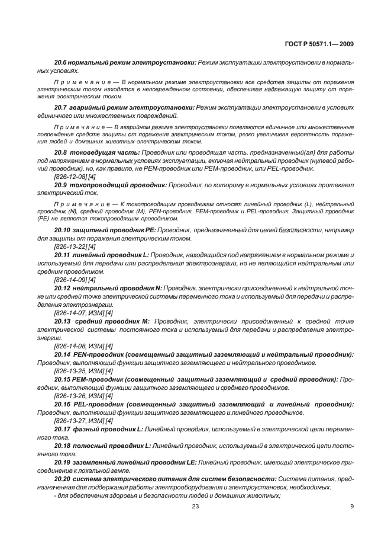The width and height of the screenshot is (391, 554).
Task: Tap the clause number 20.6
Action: pos(62,62)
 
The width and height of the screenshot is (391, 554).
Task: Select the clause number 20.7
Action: pos(62,107)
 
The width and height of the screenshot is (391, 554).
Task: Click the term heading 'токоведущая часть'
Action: pos(105,152)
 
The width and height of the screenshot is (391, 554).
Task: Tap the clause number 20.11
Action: pos(63,254)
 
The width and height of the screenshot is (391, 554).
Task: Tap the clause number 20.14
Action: pos(63,354)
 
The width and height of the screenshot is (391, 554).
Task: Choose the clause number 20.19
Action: pos(63,462)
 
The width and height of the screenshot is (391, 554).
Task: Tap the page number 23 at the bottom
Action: pos(195,505)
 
